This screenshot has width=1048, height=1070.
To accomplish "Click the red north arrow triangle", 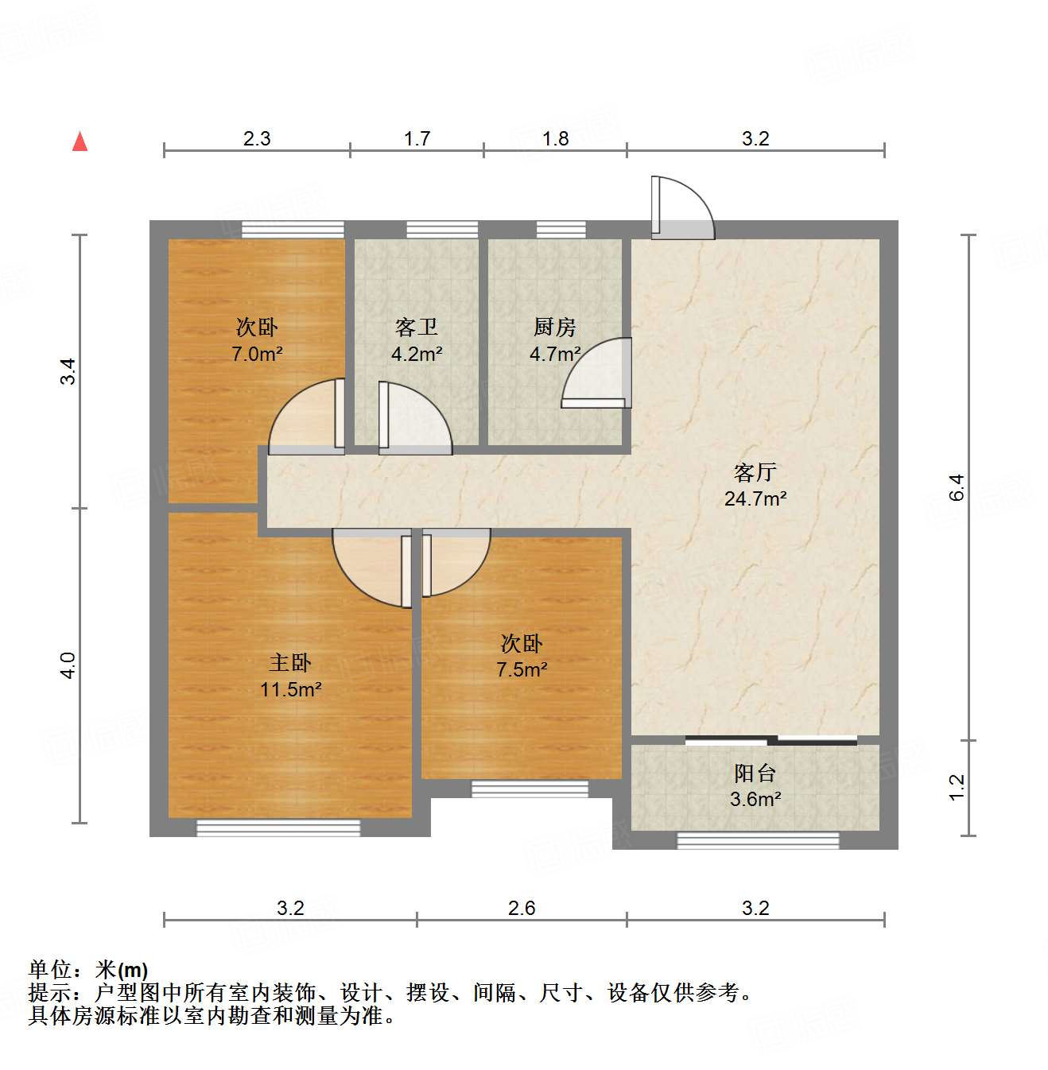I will coord(80,142).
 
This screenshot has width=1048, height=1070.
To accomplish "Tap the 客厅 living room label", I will coord(755,473).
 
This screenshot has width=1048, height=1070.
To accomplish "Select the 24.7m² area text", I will coord(755,499).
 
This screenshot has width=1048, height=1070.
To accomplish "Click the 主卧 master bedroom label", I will coord(290,663).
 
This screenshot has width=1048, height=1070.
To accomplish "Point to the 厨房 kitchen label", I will coord(554,328).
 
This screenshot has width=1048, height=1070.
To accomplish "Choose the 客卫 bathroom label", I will coord(416,328).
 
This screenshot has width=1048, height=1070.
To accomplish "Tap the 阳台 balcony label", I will coord(755,773).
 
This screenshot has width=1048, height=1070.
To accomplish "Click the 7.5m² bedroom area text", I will coord(522,670).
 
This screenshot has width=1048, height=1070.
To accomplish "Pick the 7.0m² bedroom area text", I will coord(257,355).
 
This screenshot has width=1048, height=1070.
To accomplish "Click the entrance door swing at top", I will coord(681,208).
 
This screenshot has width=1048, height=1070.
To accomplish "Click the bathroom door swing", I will coord(413,419).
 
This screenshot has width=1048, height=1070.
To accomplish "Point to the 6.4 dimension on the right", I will coord(957,487).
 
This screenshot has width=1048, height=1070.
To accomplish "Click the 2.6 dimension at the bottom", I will coord(522,908).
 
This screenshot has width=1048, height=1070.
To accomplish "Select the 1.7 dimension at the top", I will coord(417,139).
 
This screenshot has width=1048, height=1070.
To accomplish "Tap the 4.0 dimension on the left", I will coord(68,665).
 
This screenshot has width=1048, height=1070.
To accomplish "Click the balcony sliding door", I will coord(770,741).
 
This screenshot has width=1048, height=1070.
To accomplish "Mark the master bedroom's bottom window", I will coord(278,828).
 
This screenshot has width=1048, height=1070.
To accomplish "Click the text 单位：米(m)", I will coord(88,970).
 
